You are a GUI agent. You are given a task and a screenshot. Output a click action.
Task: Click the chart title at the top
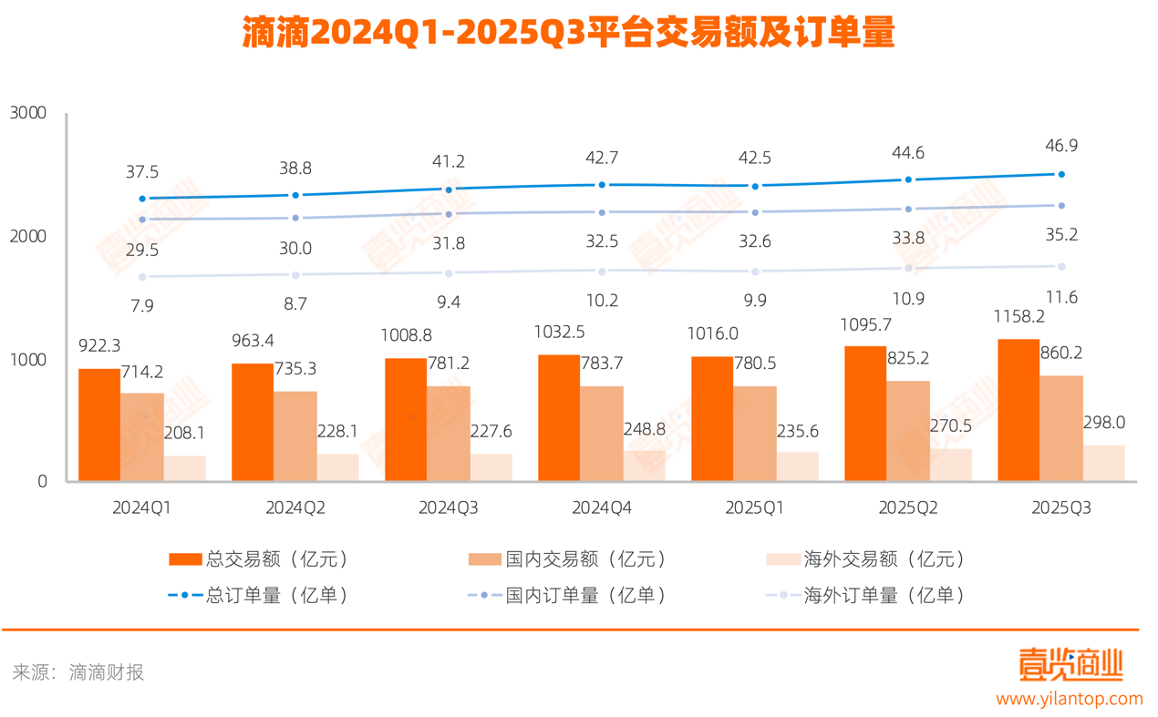[x=568, y=34]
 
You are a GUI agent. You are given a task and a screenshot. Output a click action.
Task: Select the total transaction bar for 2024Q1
[x=98, y=425]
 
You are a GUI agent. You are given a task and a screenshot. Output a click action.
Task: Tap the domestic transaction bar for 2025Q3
[x=1062, y=428]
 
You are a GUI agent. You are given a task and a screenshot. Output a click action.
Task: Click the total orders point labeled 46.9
[x=1061, y=174]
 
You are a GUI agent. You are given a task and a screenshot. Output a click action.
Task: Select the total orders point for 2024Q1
[x=142, y=199]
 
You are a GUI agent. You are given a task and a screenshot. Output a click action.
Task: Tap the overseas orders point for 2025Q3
[x=1061, y=266]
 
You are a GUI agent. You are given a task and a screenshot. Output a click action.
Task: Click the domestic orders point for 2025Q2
[x=908, y=209]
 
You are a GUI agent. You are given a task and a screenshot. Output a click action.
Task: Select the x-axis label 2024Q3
[x=449, y=508]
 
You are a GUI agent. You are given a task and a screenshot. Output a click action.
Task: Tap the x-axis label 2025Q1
[x=755, y=508]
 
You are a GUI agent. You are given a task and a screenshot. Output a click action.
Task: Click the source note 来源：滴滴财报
[x=78, y=673]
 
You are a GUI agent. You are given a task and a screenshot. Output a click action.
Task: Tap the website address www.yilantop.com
[x=1068, y=700]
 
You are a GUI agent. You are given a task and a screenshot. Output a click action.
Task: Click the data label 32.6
[x=755, y=243]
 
